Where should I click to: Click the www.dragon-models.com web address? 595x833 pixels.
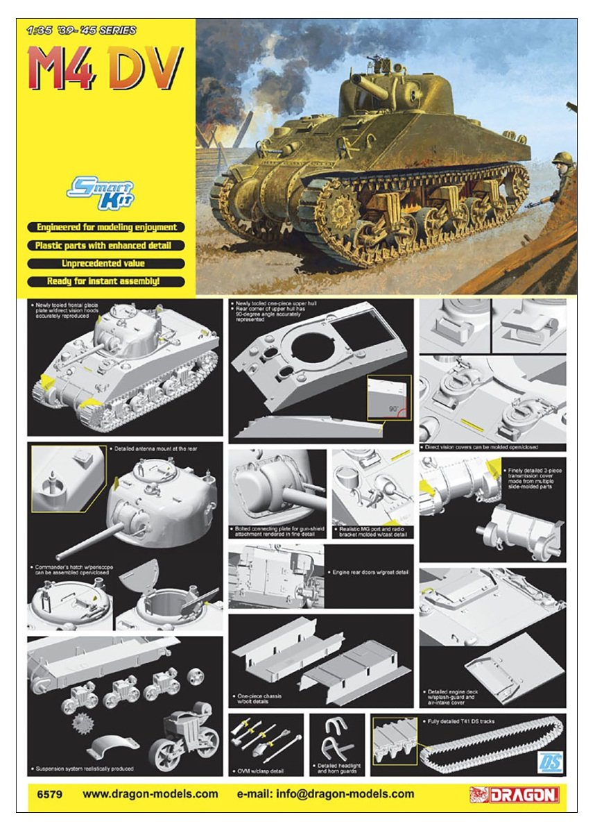tap(150, 794)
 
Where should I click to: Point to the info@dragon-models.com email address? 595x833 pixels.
tap(326, 794)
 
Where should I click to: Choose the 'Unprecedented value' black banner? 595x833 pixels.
tap(106, 264)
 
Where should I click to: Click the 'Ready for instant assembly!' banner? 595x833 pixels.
tap(106, 282)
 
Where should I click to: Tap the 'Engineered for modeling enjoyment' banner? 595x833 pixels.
tap(106, 227)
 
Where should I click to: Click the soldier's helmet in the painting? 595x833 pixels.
tap(563, 159)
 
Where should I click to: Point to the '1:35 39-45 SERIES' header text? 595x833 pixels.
tap(80, 31)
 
